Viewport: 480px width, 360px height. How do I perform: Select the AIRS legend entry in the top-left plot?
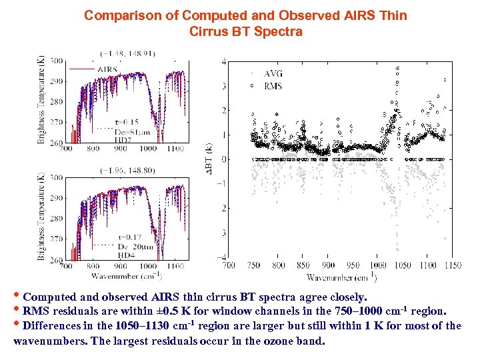tap(107, 69)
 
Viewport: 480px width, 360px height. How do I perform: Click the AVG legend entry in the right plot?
tap(273, 73)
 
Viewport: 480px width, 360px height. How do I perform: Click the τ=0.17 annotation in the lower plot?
tap(129, 237)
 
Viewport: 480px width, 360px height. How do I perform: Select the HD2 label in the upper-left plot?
tap(125, 140)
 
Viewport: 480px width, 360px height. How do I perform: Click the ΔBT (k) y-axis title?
tap(209, 160)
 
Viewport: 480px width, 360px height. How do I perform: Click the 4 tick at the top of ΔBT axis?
tap(223, 61)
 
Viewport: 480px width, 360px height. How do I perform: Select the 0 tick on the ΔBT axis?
tap(223, 159)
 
